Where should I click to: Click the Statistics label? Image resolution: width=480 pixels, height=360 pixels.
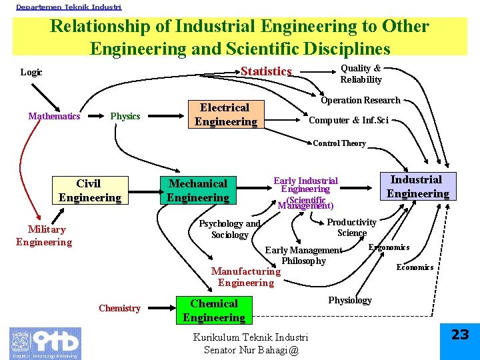click(266, 71)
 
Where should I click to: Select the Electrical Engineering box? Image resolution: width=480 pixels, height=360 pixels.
click(225, 115)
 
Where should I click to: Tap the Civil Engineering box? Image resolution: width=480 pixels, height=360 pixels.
click(89, 190)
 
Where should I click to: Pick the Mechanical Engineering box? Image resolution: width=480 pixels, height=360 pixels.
click(197, 190)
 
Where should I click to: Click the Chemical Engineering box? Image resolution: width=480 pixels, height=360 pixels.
click(214, 311)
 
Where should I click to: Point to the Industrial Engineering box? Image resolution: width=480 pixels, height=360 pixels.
click(418, 187)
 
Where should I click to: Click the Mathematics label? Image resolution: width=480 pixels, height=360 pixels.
click(54, 116)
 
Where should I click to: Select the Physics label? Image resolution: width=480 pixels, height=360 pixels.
click(125, 116)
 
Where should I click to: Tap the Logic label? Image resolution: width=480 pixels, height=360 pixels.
click(31, 72)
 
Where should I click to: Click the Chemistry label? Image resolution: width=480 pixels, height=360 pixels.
click(119, 308)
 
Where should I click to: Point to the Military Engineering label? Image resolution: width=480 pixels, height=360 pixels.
click(44, 235)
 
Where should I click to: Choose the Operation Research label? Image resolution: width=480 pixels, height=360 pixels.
click(360, 100)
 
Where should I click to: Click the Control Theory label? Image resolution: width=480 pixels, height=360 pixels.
click(339, 143)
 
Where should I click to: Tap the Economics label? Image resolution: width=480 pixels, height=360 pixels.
click(415, 267)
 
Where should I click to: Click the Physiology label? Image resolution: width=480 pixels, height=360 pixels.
click(350, 300)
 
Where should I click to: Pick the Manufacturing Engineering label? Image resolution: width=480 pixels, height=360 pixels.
click(245, 277)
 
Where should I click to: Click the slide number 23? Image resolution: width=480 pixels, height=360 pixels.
click(460, 335)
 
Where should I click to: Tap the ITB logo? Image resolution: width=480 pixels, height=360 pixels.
click(45, 343)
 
